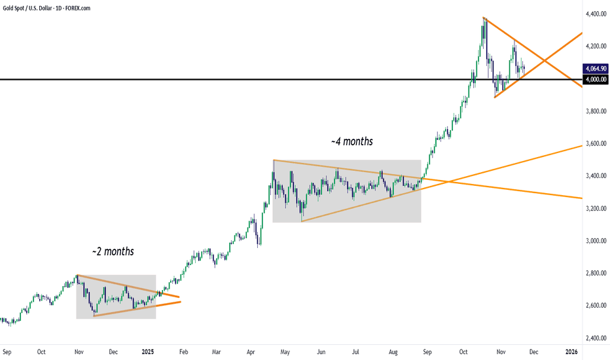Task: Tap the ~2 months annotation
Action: click(113, 251)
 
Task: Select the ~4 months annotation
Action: click(352, 141)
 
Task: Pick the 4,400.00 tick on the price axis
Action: click(594, 14)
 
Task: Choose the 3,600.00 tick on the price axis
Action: click(594, 143)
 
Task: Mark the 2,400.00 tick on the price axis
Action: click(594, 338)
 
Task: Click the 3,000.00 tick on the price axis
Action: click(594, 241)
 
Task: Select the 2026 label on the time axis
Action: click(571, 351)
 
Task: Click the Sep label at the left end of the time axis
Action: click(7, 351)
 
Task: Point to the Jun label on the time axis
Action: click(321, 351)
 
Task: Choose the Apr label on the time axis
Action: click(250, 351)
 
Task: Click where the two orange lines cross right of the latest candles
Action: click(545, 61)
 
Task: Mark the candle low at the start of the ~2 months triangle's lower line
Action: click(94, 316)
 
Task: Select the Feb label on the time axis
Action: click(183, 351)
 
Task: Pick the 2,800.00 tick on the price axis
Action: click(594, 273)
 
